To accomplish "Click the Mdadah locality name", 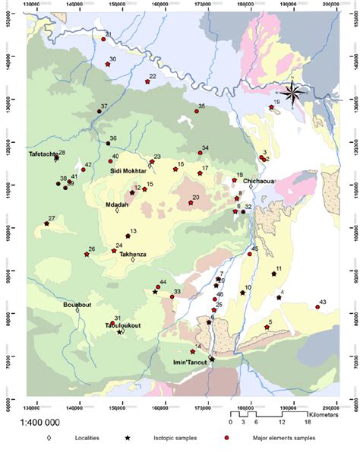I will pyautogui.click(x=117, y=205).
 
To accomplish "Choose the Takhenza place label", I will pyautogui.click(x=133, y=255).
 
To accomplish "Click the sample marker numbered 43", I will pyautogui.click(x=317, y=307).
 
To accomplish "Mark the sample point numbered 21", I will pyautogui.click(x=103, y=40).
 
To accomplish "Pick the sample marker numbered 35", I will pyautogui.click(x=197, y=111).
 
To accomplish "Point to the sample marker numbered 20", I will pyautogui.click(x=191, y=203).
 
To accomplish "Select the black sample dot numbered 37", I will pyautogui.click(x=99, y=111).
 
